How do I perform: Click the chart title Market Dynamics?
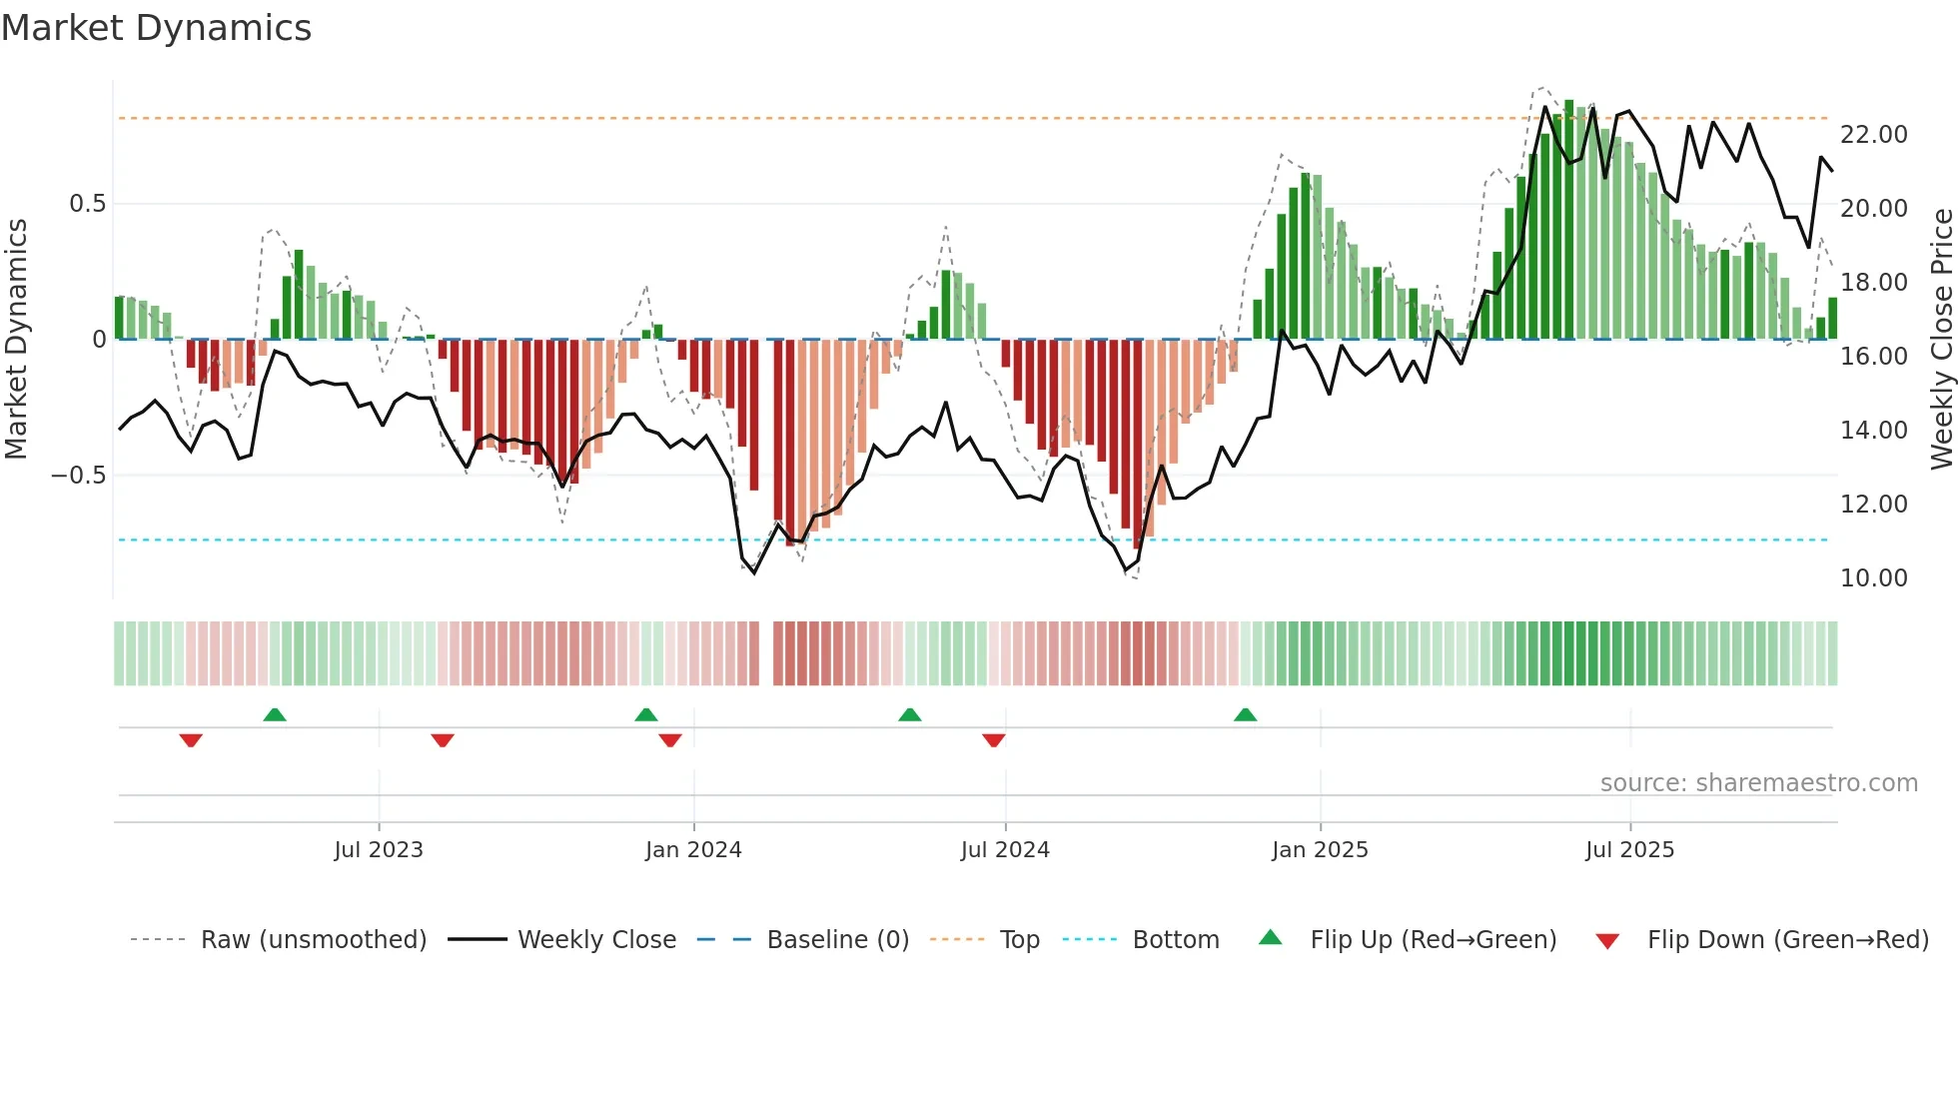click(156, 28)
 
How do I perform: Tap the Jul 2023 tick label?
click(379, 850)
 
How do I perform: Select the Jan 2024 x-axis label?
click(693, 850)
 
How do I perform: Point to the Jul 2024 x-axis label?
click(1005, 850)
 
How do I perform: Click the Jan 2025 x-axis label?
click(1320, 850)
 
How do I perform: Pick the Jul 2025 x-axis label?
click(1629, 850)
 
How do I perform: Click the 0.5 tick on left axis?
click(87, 204)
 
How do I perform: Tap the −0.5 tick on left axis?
click(79, 475)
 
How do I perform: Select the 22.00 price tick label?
click(1873, 135)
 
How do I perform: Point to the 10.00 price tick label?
click(1873, 578)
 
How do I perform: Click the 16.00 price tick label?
click(1873, 357)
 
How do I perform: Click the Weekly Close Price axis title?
click(1941, 340)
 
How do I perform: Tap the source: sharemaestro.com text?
click(1758, 783)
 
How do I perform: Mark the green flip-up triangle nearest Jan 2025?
click(1245, 715)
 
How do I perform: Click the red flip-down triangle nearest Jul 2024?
click(993, 740)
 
